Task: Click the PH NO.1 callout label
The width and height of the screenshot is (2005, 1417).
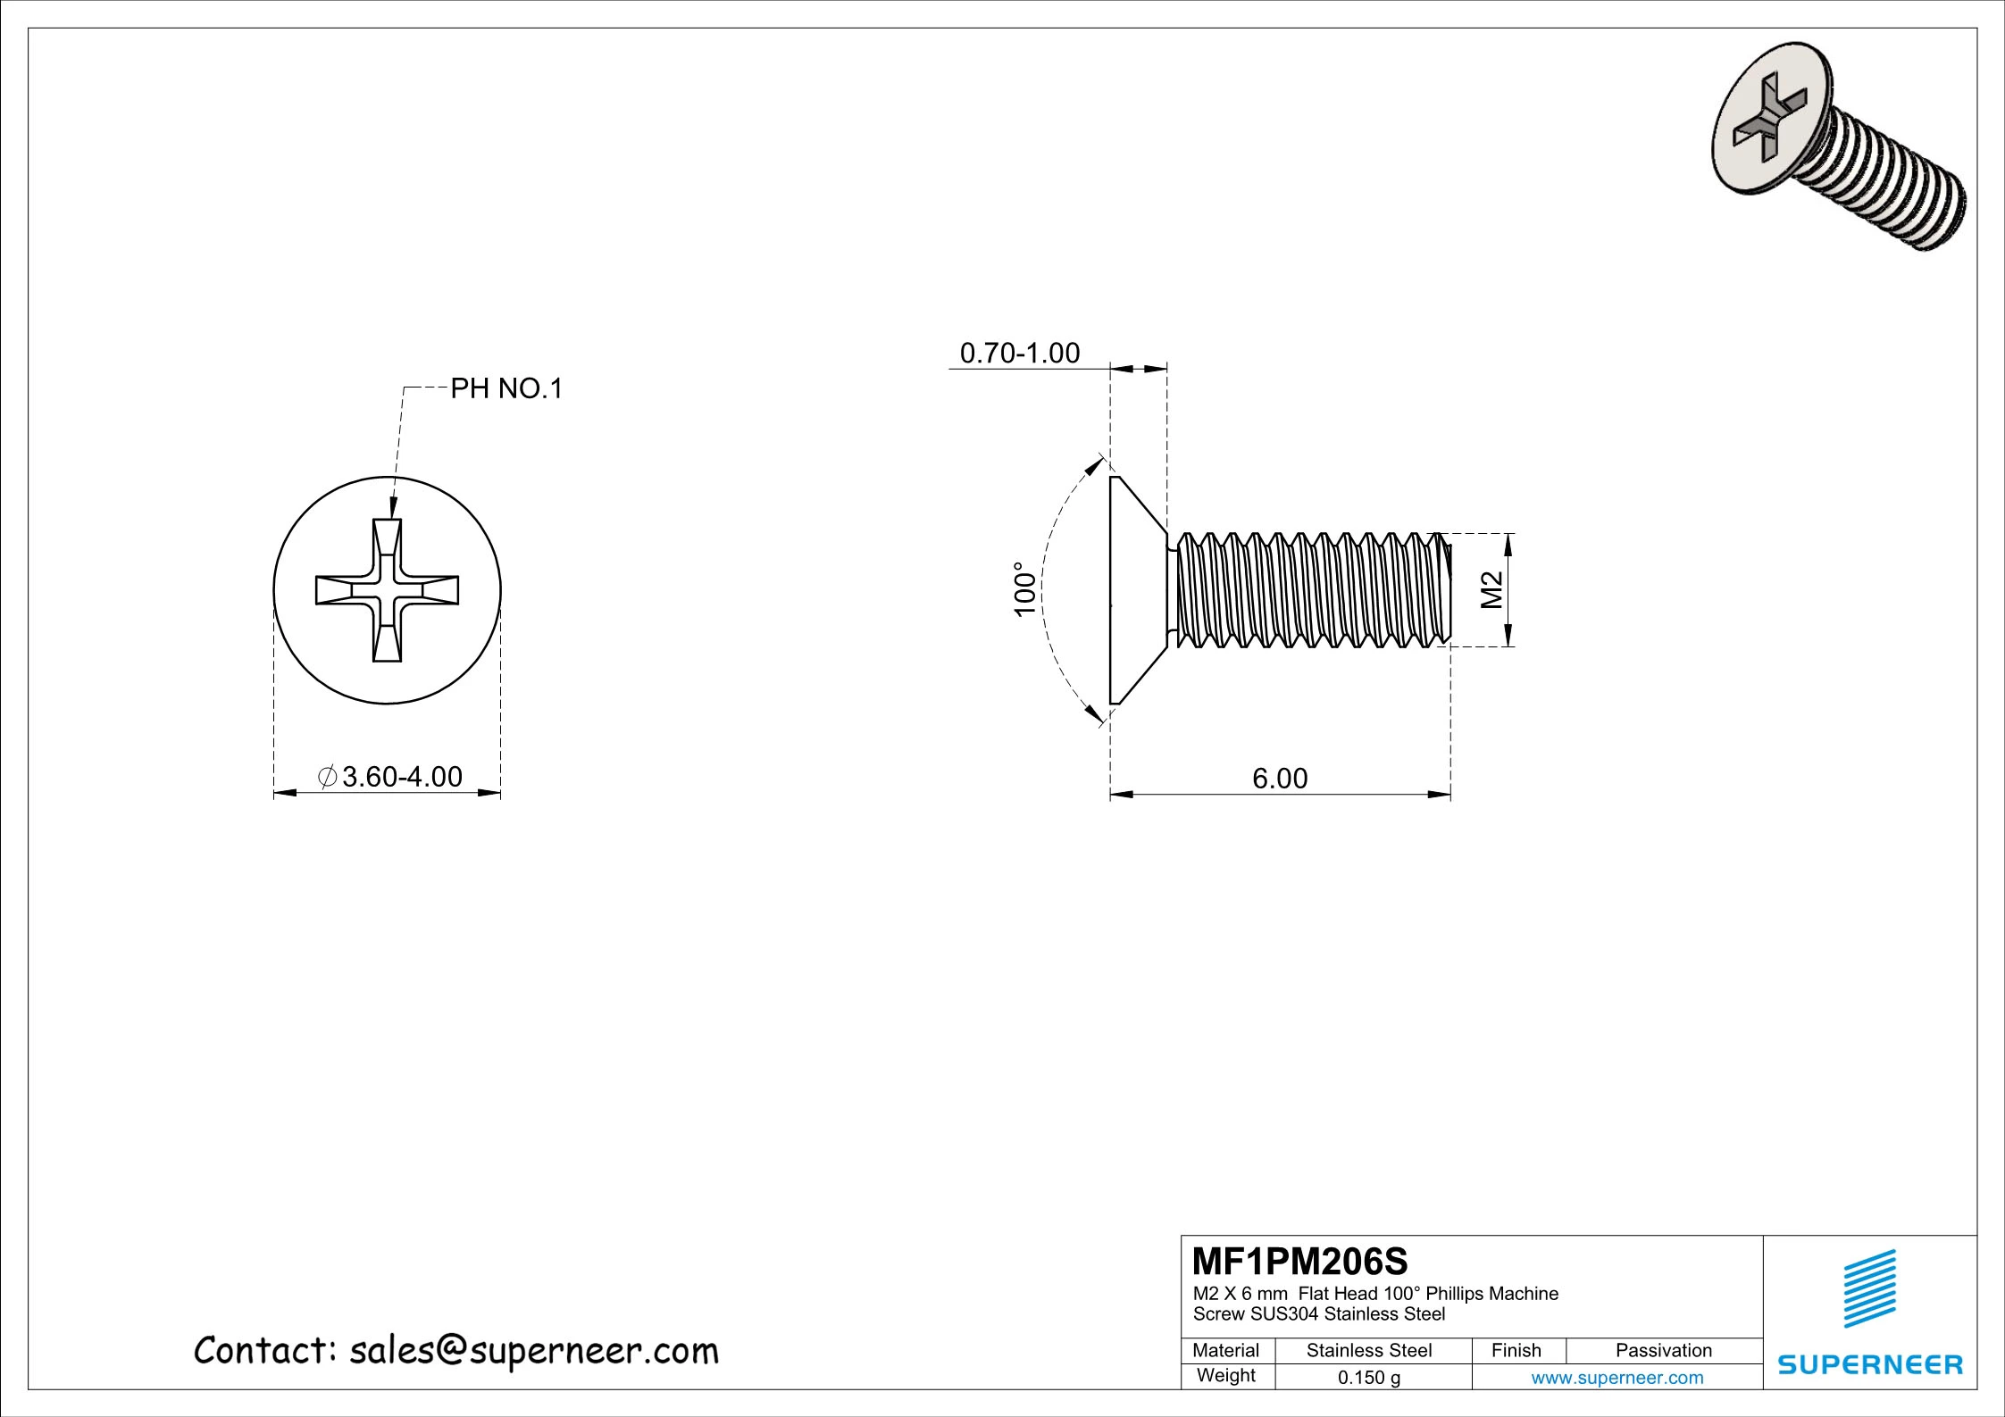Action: point(505,388)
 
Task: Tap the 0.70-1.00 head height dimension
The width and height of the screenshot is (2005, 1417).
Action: point(1019,354)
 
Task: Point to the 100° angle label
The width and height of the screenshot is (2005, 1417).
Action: point(1024,588)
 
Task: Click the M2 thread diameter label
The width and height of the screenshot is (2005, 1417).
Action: point(1492,589)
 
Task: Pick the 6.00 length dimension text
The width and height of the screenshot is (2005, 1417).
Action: point(1279,779)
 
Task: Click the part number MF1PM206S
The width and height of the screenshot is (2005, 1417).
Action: point(1299,1262)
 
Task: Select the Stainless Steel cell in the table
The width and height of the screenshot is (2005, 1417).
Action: point(1368,1351)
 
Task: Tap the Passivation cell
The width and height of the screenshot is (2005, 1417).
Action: point(1663,1351)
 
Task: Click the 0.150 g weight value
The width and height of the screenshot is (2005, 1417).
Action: point(1368,1378)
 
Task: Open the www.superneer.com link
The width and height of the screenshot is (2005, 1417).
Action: point(1617,1378)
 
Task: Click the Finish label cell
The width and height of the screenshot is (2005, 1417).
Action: point(1516,1351)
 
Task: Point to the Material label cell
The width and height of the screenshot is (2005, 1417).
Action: point(1225,1351)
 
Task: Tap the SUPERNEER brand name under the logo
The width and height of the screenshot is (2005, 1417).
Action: point(1870,1365)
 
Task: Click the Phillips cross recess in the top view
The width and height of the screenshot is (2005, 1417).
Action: point(387,590)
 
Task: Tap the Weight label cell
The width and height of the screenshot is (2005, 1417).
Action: point(1225,1376)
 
